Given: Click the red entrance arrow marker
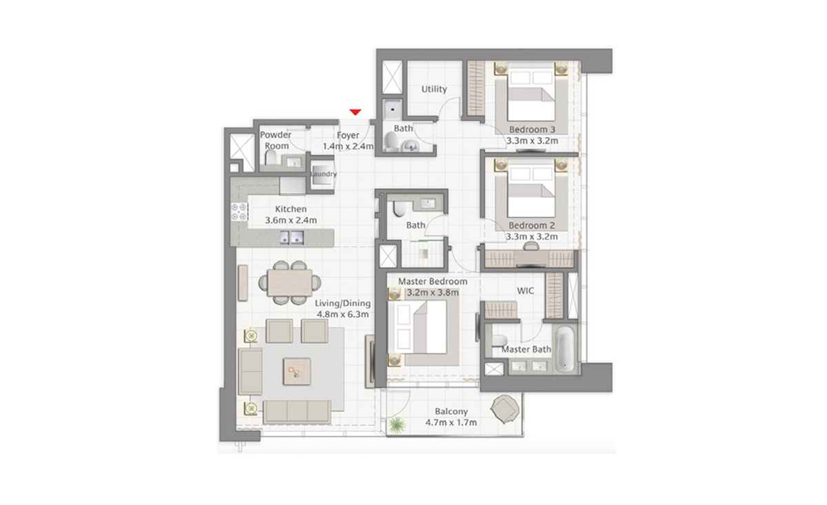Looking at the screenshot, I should click(356, 112).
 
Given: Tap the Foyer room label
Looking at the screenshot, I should click(348, 136).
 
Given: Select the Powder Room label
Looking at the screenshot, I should click(276, 140).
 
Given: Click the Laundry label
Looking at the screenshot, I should click(323, 174).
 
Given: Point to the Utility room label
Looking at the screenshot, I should click(434, 89).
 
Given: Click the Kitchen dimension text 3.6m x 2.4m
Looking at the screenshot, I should click(291, 220).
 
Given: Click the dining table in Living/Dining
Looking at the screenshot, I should click(289, 281).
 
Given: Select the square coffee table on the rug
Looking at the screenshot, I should click(297, 371).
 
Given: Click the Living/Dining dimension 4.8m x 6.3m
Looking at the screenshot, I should click(343, 314).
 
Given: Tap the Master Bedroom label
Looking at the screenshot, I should click(433, 282).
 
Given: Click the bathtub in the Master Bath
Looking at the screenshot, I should click(565, 349).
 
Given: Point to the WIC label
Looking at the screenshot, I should click(526, 291).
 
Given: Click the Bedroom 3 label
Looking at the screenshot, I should click(531, 130).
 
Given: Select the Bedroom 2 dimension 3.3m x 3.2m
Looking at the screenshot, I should click(531, 236).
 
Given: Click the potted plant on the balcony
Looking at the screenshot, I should click(397, 426).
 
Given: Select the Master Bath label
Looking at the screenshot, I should click(526, 349).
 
